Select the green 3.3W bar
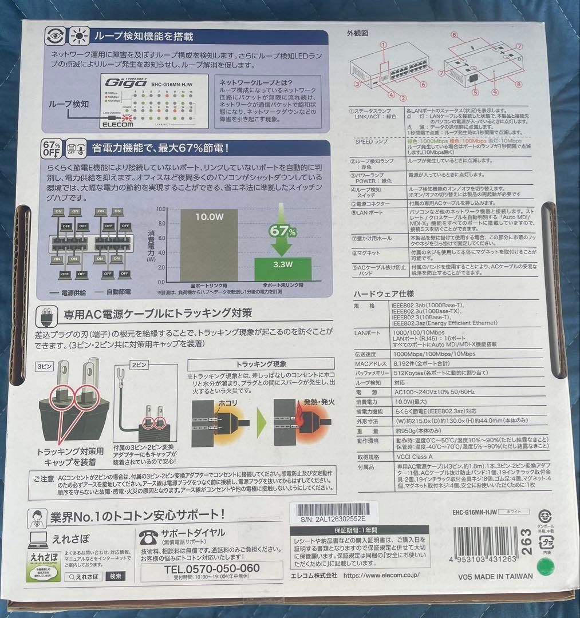(x=283, y=268)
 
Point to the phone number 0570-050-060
(x=212, y=568)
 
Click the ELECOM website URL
(x=381, y=576)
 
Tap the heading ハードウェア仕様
(x=383, y=293)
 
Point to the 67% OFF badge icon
(x=52, y=149)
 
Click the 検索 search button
(x=116, y=576)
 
